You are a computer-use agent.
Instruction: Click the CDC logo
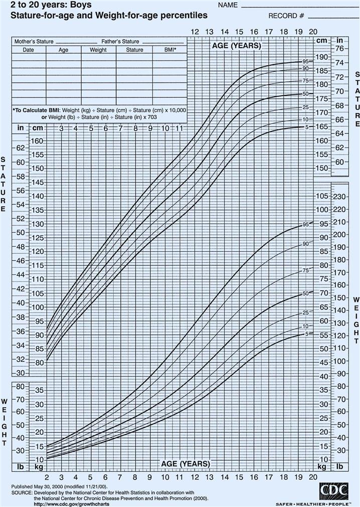[333, 490]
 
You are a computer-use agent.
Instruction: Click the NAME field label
[227, 6]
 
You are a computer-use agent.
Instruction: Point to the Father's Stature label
[120, 42]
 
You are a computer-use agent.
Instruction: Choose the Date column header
[28, 50]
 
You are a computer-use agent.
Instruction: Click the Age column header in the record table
[64, 50]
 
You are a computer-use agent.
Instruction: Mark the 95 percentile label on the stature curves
[305, 61]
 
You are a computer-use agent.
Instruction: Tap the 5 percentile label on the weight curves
[305, 333]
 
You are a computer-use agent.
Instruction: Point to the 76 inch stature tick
[340, 49]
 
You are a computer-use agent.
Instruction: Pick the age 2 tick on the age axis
[46, 476]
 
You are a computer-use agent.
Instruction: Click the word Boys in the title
[72, 6]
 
